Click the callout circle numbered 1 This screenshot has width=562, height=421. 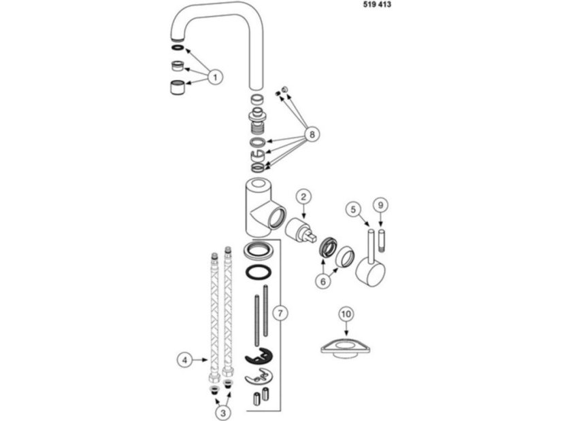[215, 77]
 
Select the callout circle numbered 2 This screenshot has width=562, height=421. [303, 196]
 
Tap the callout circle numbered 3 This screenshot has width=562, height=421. [223, 413]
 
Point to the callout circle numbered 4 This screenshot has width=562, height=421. [185, 360]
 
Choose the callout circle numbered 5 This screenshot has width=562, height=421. [353, 209]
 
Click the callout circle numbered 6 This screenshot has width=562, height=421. [323, 282]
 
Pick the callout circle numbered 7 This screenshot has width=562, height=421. [280, 313]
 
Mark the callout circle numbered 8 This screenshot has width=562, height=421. [312, 134]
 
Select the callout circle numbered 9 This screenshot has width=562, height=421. [380, 205]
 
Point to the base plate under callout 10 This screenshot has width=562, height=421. [346, 348]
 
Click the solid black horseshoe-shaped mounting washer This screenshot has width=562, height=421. [259, 356]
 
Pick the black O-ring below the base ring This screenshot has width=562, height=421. [259, 272]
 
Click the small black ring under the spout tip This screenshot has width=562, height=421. [178, 48]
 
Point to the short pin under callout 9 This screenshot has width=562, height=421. [380, 236]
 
